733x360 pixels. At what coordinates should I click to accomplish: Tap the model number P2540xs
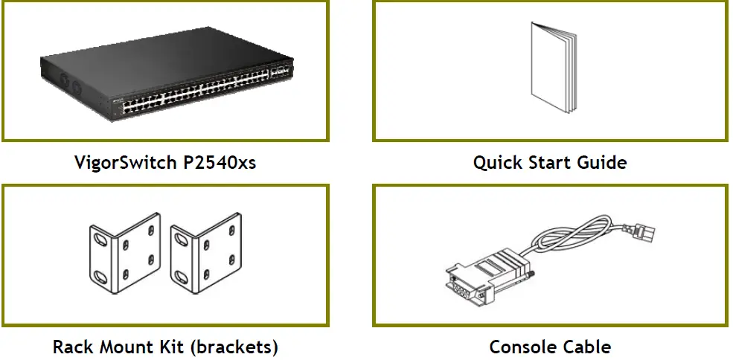[x=220, y=162]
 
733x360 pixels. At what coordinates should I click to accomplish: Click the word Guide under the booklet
[x=601, y=162]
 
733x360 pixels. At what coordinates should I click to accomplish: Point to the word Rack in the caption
[x=71, y=347]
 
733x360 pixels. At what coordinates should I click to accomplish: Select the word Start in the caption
[x=549, y=162]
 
